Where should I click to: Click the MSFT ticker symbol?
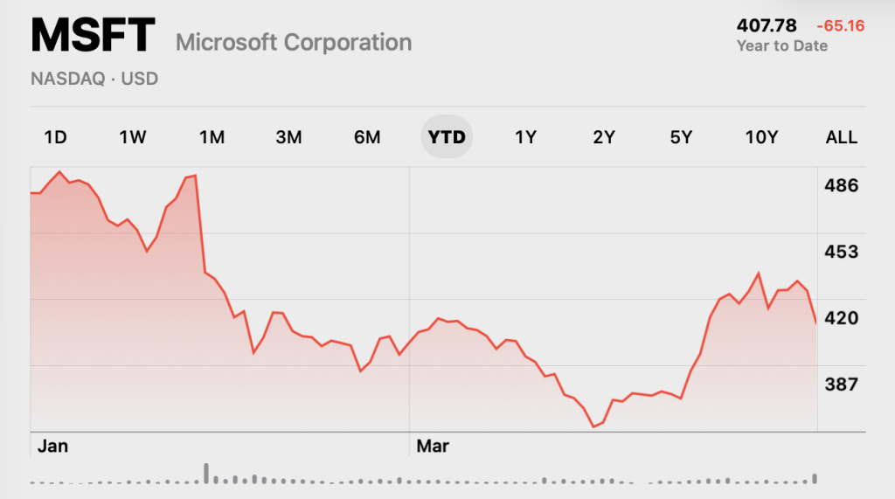point(93,35)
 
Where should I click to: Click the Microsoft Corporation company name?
point(294,43)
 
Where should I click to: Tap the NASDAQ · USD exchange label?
point(94,79)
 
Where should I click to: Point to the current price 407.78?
point(766,25)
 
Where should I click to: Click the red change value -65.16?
point(841,25)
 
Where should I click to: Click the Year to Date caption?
point(782,45)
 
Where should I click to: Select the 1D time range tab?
point(55,137)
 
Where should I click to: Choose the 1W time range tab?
point(133,137)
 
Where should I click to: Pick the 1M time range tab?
point(212,137)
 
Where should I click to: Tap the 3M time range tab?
point(288,137)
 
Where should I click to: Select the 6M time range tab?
point(367,137)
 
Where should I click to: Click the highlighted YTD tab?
point(447,137)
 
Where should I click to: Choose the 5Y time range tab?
point(681,137)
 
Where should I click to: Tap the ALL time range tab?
point(842,137)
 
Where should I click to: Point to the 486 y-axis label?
point(842,185)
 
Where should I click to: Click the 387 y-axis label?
point(842,384)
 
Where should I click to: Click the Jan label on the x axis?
point(52,446)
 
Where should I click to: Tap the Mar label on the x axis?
point(433,446)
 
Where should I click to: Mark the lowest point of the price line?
point(593,426)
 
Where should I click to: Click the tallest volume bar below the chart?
point(206,474)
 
